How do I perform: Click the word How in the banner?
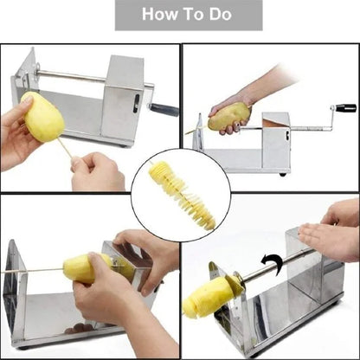coord(159,15)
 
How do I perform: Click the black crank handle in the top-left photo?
coord(164,110)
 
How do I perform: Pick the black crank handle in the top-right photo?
coord(345,108)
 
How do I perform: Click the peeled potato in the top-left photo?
coord(42,117)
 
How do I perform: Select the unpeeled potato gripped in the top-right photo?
coord(228,114)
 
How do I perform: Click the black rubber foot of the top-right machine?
coord(281,173)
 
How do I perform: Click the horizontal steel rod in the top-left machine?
coord(74,76)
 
